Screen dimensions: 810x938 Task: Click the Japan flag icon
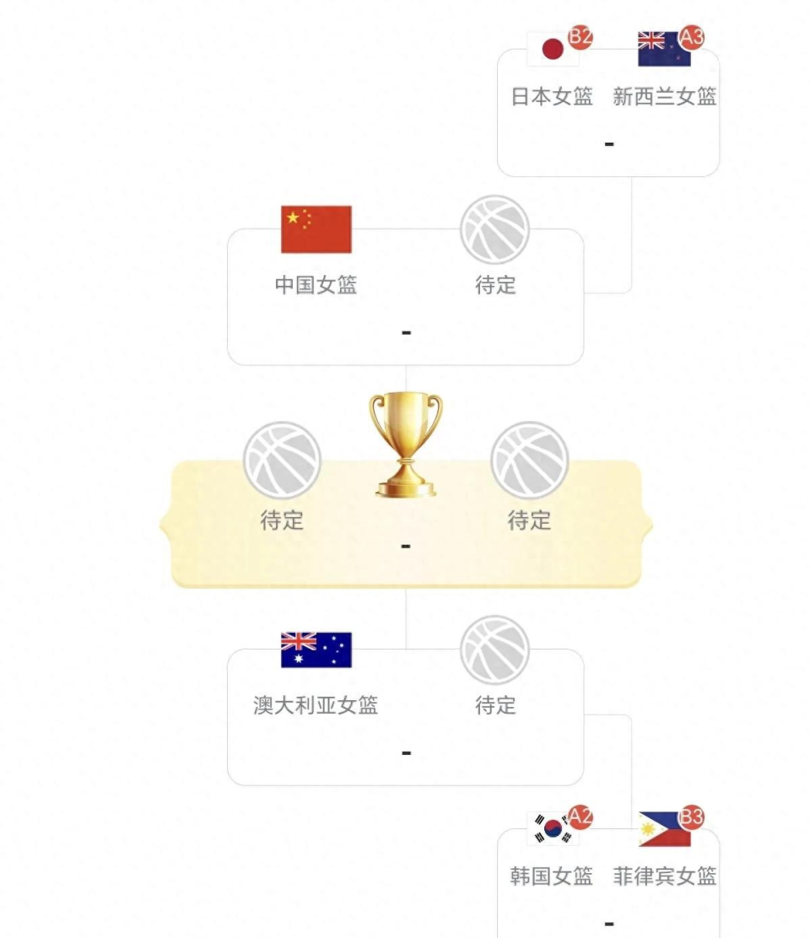(552, 49)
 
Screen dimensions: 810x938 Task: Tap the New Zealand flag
(664, 49)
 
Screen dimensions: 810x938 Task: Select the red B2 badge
(580, 37)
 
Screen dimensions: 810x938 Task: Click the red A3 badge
(692, 37)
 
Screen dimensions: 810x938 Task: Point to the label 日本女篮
(552, 96)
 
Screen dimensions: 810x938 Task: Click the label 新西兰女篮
(665, 96)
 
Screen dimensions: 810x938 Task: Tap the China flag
(316, 229)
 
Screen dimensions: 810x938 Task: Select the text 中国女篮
(316, 285)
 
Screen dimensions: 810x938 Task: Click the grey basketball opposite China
(494, 229)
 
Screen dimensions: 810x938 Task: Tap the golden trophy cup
(406, 445)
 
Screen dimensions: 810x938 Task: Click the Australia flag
(316, 650)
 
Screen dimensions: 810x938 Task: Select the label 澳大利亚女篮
(316, 705)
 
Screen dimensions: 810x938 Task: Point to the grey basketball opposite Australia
(494, 650)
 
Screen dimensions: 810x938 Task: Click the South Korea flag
(552, 829)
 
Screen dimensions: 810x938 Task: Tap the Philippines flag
(664, 829)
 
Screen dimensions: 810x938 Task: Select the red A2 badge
(580, 817)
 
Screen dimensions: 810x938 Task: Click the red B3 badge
(692, 817)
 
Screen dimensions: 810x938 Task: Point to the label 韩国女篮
(552, 876)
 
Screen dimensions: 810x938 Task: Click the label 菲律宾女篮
(665, 876)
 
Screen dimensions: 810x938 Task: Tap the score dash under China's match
(406, 332)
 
